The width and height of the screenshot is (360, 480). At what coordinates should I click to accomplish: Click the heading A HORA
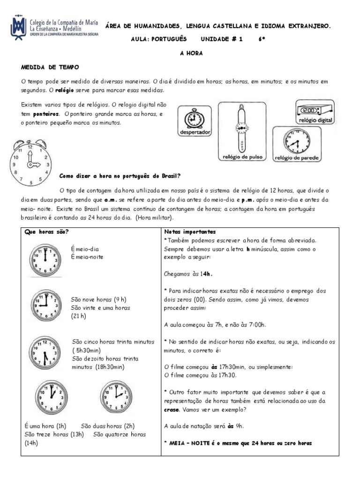click(191, 53)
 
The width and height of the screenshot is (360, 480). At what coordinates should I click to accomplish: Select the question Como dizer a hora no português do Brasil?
click(120, 176)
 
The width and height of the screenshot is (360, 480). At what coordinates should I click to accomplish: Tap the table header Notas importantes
click(190, 232)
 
